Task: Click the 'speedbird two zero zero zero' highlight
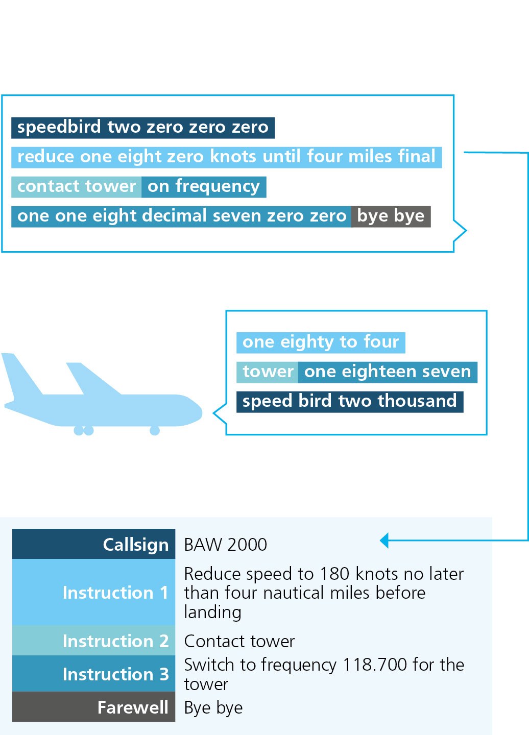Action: pyautogui.click(x=143, y=128)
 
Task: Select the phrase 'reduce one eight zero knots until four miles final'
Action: pyautogui.click(x=226, y=157)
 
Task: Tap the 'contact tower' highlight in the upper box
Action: pyautogui.click(x=77, y=187)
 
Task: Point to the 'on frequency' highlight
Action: pyautogui.click(x=204, y=187)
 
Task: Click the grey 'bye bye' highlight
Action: pyautogui.click(x=391, y=216)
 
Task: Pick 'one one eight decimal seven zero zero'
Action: pyautogui.click(x=181, y=216)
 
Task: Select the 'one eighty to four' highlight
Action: pyautogui.click(x=321, y=342)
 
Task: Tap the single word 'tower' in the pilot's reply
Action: pyautogui.click(x=268, y=372)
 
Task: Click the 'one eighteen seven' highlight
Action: pyautogui.click(x=388, y=372)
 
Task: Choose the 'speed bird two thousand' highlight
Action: pyautogui.click(x=350, y=402)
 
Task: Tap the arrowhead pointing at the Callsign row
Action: pyautogui.click(x=384, y=541)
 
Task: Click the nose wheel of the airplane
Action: pyautogui.click(x=155, y=430)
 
